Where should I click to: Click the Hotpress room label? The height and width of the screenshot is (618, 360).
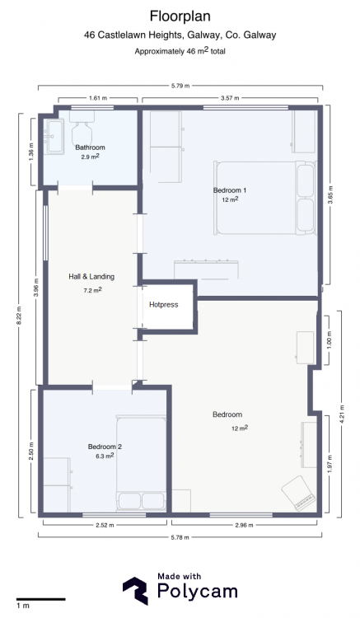click(x=163, y=305)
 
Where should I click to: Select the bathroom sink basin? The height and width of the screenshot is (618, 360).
click(x=54, y=136)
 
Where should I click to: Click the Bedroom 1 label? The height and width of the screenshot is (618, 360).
click(x=230, y=190)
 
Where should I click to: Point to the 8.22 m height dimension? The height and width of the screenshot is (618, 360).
click(x=19, y=316)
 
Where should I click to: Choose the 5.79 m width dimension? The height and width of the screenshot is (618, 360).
click(x=180, y=86)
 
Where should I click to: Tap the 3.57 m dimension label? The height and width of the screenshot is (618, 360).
click(x=230, y=98)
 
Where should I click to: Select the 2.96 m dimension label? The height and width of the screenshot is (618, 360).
click(x=244, y=525)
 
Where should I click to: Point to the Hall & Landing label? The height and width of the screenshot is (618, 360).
click(x=91, y=277)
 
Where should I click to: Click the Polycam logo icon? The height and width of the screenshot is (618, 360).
click(x=135, y=591)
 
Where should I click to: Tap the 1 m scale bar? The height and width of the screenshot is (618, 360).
click(x=40, y=600)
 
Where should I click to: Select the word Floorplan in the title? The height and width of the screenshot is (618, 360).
click(x=180, y=16)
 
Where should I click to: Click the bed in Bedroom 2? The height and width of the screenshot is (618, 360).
click(x=141, y=463)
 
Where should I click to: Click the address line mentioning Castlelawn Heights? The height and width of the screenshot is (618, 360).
click(x=180, y=35)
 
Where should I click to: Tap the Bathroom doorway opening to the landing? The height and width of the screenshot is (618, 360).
click(x=76, y=188)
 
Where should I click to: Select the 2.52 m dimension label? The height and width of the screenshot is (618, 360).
click(x=105, y=525)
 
